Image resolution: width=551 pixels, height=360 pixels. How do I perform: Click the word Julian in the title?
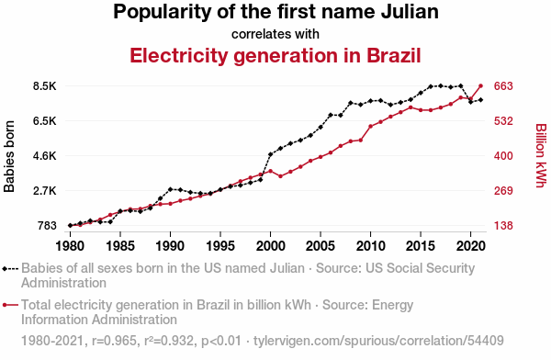click(x=410, y=11)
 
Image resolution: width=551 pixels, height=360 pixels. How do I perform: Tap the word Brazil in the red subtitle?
click(x=394, y=55)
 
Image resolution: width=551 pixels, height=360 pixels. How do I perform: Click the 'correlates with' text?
click(x=275, y=34)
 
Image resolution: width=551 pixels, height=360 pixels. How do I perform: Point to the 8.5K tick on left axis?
click(x=45, y=86)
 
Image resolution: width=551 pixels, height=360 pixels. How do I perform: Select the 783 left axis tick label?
click(x=47, y=225)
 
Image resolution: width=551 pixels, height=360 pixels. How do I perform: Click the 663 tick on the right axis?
click(x=503, y=86)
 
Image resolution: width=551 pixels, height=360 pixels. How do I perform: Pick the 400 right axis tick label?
click(x=503, y=156)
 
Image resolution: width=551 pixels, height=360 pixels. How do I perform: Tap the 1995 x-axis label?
click(x=220, y=246)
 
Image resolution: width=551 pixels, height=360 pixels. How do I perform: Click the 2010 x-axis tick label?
click(x=370, y=246)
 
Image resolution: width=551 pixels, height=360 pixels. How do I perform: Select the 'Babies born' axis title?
click(x=9, y=156)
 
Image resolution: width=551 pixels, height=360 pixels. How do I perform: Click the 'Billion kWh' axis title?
click(x=541, y=155)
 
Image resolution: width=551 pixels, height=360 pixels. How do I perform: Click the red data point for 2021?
click(x=480, y=85)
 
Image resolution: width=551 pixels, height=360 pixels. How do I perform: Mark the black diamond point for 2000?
click(x=270, y=154)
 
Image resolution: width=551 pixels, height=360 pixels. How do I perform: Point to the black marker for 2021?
click(x=480, y=100)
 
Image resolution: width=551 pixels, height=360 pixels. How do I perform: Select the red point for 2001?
click(x=280, y=176)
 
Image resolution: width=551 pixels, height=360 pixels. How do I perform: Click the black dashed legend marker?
click(x=10, y=269)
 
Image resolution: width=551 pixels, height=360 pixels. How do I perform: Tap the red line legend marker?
click(x=10, y=305)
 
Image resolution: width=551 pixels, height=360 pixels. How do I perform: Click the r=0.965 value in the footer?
click(x=114, y=341)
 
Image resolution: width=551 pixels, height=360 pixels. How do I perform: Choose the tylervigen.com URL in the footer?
click(x=378, y=341)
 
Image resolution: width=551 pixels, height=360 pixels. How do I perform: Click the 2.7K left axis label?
click(x=45, y=191)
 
